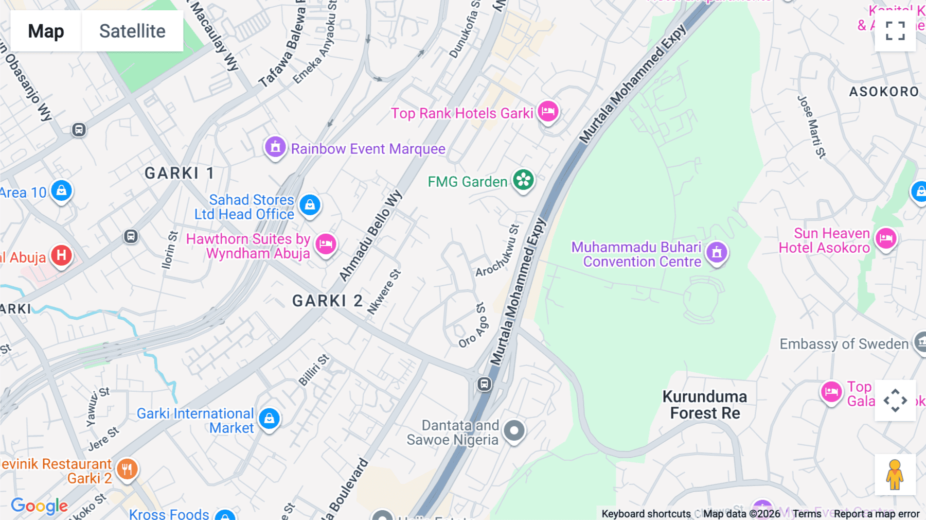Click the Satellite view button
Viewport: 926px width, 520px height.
(x=132, y=31)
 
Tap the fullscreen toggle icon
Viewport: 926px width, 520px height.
(x=895, y=31)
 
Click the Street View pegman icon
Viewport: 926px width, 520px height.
(x=895, y=474)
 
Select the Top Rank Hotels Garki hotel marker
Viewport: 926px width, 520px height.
(x=548, y=111)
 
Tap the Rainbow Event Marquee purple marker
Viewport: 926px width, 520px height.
(x=275, y=147)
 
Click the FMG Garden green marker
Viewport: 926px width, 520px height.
(x=523, y=180)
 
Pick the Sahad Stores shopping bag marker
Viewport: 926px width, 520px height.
(x=310, y=205)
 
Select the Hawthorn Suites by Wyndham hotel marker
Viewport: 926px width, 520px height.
(x=326, y=244)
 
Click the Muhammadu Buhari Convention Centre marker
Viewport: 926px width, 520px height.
(x=717, y=252)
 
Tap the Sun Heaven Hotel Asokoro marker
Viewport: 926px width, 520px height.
(x=886, y=238)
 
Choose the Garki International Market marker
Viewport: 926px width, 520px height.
(x=269, y=419)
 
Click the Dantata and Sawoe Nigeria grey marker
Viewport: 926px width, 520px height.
(x=514, y=430)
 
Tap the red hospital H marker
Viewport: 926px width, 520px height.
(x=61, y=255)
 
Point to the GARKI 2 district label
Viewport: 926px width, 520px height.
(x=327, y=301)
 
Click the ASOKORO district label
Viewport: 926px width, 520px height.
(x=884, y=92)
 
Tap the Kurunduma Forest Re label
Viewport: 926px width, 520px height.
(x=705, y=405)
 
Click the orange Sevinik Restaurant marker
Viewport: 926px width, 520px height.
(x=127, y=469)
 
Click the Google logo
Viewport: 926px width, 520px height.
(x=39, y=506)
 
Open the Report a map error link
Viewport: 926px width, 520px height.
(x=876, y=514)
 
